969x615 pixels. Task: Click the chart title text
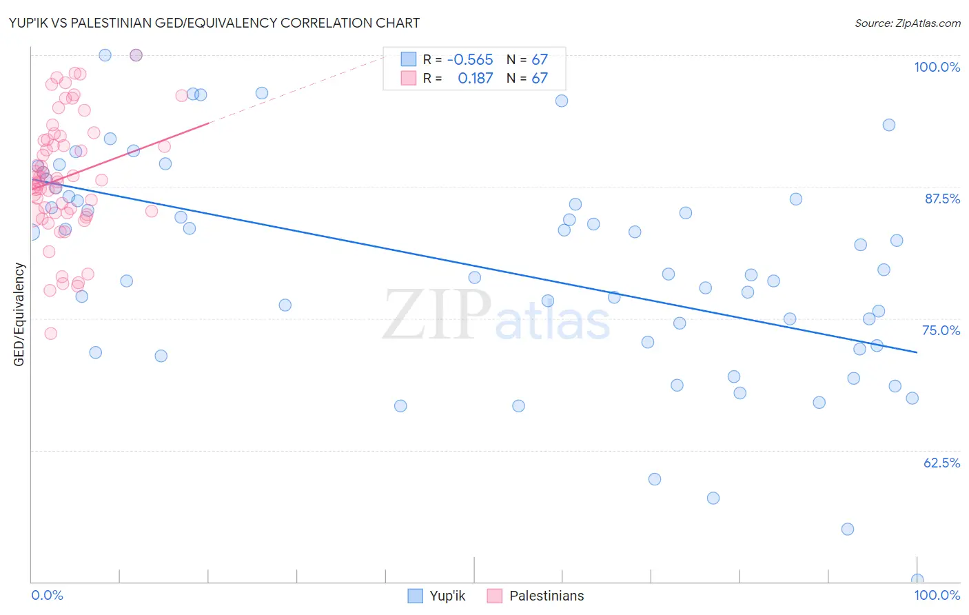point(214,23)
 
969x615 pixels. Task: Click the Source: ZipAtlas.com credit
point(907,23)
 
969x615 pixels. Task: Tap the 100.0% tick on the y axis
point(937,67)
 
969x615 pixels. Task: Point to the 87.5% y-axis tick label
point(941,199)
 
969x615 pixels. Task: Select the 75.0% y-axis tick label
point(941,330)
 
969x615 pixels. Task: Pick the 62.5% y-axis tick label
point(941,463)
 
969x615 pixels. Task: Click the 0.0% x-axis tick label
point(47,595)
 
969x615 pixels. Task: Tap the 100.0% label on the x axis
point(937,595)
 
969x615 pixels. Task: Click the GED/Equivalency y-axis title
point(19,314)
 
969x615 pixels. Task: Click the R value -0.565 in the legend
point(469,60)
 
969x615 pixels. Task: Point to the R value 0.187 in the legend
point(475,79)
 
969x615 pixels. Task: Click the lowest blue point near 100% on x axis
point(917,580)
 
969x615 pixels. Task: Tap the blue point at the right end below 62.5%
point(848,529)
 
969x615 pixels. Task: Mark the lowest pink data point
point(50,334)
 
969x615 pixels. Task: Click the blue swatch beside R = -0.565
point(409,60)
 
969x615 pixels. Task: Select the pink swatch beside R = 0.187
point(409,79)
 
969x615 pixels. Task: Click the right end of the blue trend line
point(917,352)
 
